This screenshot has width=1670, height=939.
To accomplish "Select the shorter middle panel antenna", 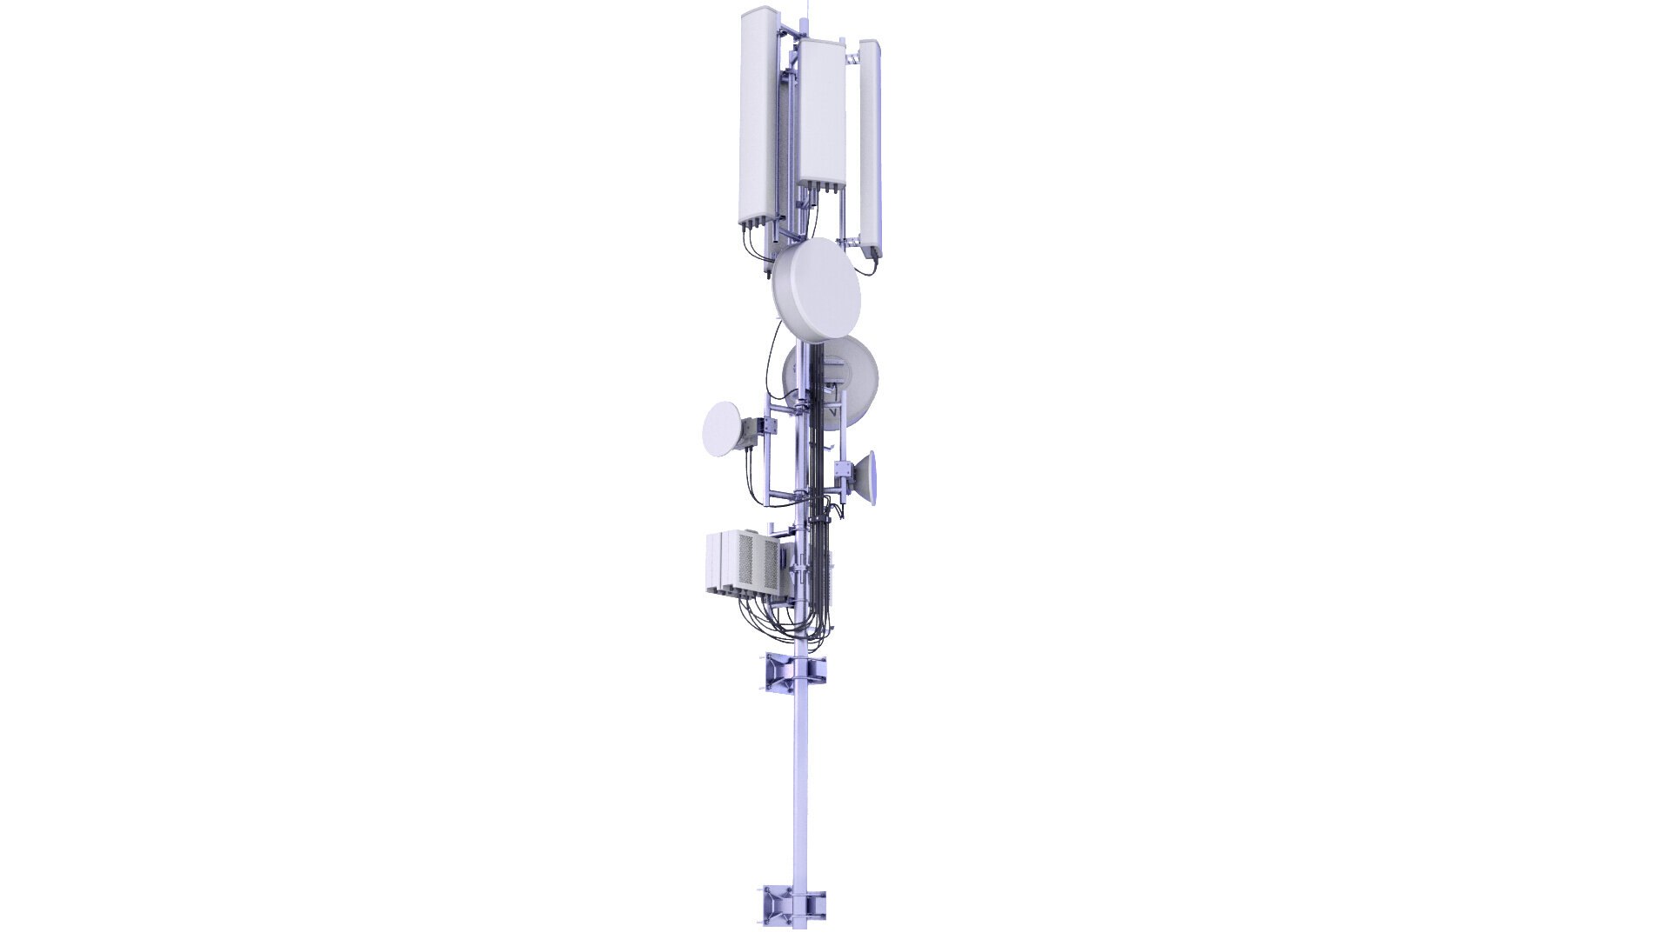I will tap(822, 109).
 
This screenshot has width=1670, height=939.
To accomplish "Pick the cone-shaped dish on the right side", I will tap(866, 479).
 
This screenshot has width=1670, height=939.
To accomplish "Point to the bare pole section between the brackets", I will tap(801, 782).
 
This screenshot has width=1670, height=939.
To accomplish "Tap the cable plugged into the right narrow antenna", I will tap(871, 255).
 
